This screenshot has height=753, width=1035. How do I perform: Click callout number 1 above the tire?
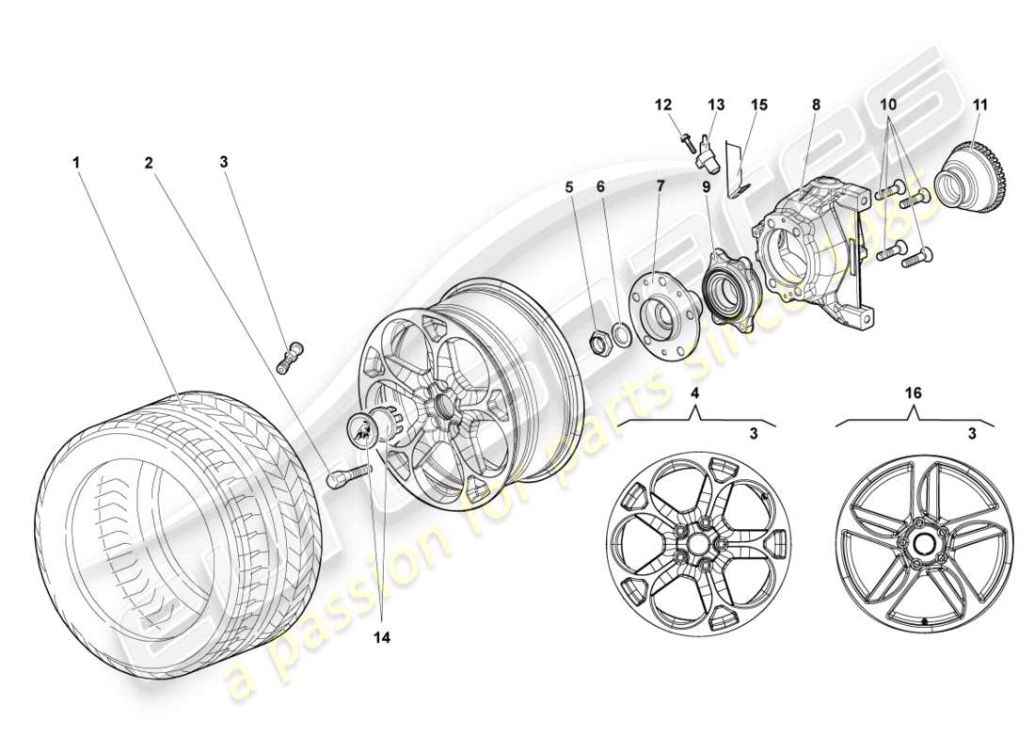pyautogui.click(x=76, y=162)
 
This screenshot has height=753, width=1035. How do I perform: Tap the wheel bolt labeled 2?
pyautogui.click(x=343, y=476)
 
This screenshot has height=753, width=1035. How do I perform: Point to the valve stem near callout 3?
pyautogui.click(x=289, y=357)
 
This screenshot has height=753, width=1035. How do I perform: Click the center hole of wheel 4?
pyautogui.click(x=695, y=543)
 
